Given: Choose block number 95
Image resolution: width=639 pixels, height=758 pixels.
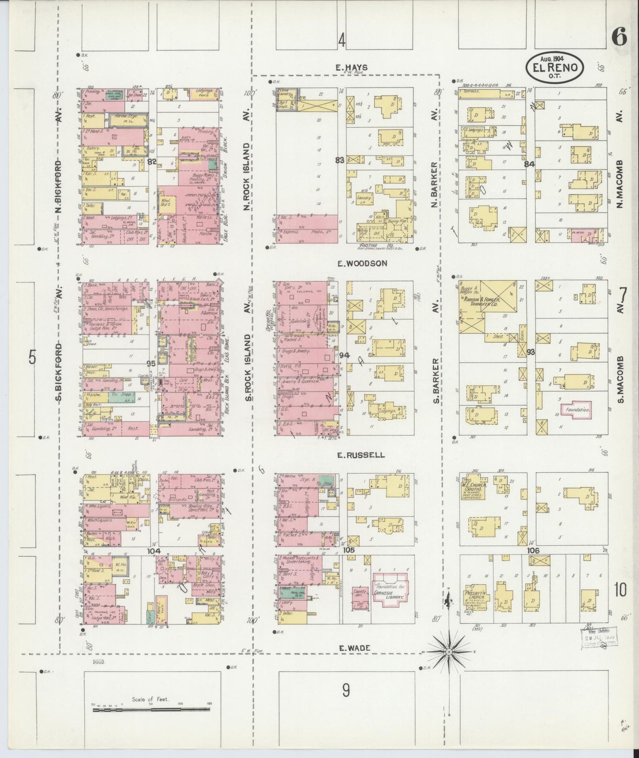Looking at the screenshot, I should click(x=151, y=364).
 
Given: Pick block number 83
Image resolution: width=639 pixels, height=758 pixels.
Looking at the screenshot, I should click(x=340, y=161).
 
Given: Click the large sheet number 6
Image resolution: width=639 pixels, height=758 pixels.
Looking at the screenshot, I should click(x=619, y=37).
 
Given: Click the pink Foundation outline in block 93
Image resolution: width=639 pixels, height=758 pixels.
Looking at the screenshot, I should click(x=578, y=410).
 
